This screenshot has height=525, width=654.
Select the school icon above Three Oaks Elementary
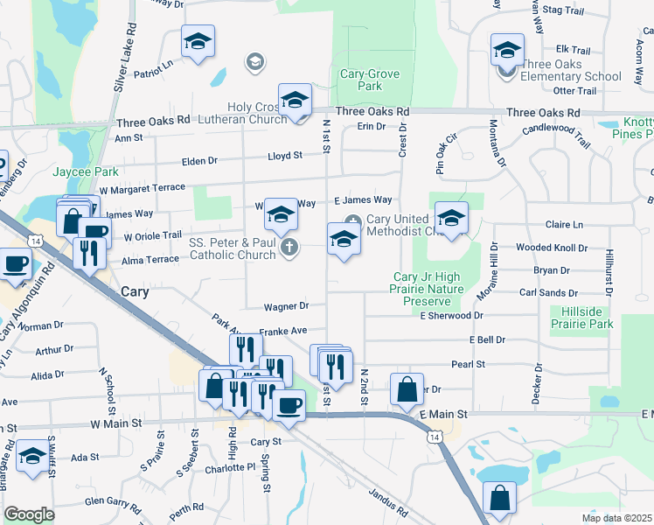pos(506,51)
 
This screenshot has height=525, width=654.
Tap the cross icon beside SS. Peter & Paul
pos(289,248)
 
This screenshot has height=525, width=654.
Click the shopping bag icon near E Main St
pos(407,389)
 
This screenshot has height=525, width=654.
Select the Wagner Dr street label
pos(286,306)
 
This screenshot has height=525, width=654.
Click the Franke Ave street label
pos(283,331)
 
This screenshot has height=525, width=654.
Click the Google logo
pos(29,514)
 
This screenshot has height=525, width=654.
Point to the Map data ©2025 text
pos(616,518)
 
